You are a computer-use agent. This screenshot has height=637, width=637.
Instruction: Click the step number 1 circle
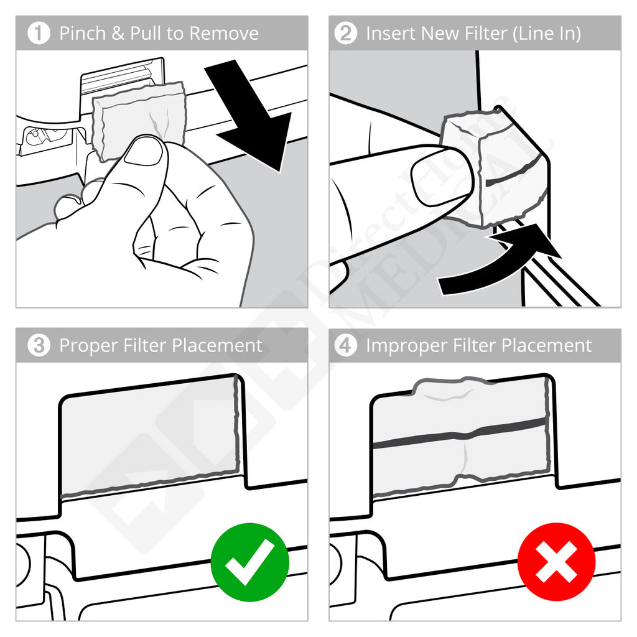[x=39, y=34]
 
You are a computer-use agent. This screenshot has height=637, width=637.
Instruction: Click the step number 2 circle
[x=346, y=34]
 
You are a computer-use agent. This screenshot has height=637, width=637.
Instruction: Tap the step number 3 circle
[x=39, y=346]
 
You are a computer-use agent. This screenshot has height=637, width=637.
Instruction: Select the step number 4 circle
[x=346, y=346]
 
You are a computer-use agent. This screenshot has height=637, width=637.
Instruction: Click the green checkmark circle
[x=249, y=562]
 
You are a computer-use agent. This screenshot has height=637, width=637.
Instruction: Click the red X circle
[x=556, y=562]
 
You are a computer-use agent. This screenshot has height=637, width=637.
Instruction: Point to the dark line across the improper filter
[x=460, y=433]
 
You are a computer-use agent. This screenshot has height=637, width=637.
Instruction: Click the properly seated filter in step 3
[x=149, y=435]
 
